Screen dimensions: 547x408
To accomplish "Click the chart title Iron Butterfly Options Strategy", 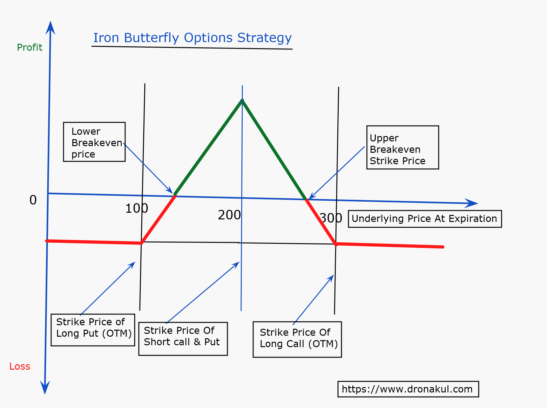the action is coord(192,38).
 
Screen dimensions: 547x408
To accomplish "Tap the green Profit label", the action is coord(30,47).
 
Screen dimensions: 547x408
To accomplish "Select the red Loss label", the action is coord(20,366).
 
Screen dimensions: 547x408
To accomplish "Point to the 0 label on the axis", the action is coord(33,200).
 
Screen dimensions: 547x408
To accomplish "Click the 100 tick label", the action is coord(137,208).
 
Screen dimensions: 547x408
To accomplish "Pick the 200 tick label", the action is coord(229,215).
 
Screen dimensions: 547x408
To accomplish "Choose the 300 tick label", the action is coord(331,218).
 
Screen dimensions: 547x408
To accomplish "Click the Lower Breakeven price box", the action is coord(94,142).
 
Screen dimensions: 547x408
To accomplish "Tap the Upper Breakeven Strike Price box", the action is coord(403,147).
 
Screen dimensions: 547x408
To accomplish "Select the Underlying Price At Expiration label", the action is coord(425,219).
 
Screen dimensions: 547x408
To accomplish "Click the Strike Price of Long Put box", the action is coord(93,330).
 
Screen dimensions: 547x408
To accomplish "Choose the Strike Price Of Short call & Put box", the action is coord(183,339).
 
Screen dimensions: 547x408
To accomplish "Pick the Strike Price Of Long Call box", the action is coord(297,340).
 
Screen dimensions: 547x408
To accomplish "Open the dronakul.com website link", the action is coord(408,389).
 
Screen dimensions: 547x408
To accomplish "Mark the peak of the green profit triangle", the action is coord(242,100).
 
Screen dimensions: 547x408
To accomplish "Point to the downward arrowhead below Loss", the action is coord(45,387).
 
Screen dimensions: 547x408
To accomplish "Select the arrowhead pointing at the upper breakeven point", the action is coord(311,196).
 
